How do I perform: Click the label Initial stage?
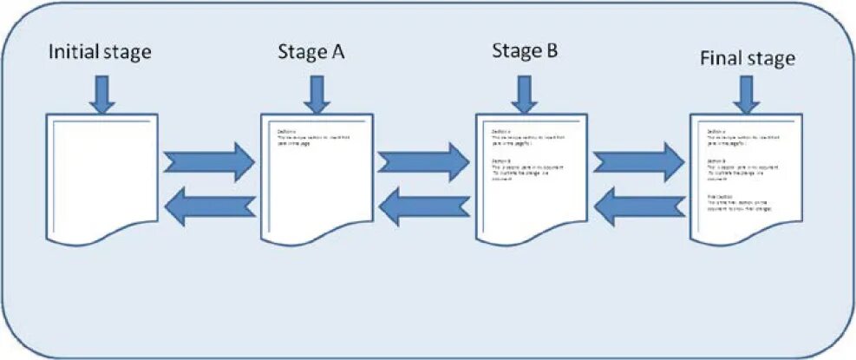[x=101, y=52]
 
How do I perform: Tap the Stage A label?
[x=311, y=51]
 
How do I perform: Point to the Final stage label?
[x=747, y=59]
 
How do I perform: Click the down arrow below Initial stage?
[x=102, y=93]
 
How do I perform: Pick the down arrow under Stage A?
[x=317, y=93]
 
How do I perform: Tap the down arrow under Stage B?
[x=523, y=93]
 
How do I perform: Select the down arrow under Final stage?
[x=744, y=93]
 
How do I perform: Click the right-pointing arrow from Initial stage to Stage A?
[x=209, y=160]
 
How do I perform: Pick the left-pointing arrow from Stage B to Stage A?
[x=425, y=206]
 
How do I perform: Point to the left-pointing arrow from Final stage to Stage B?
[x=639, y=206]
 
